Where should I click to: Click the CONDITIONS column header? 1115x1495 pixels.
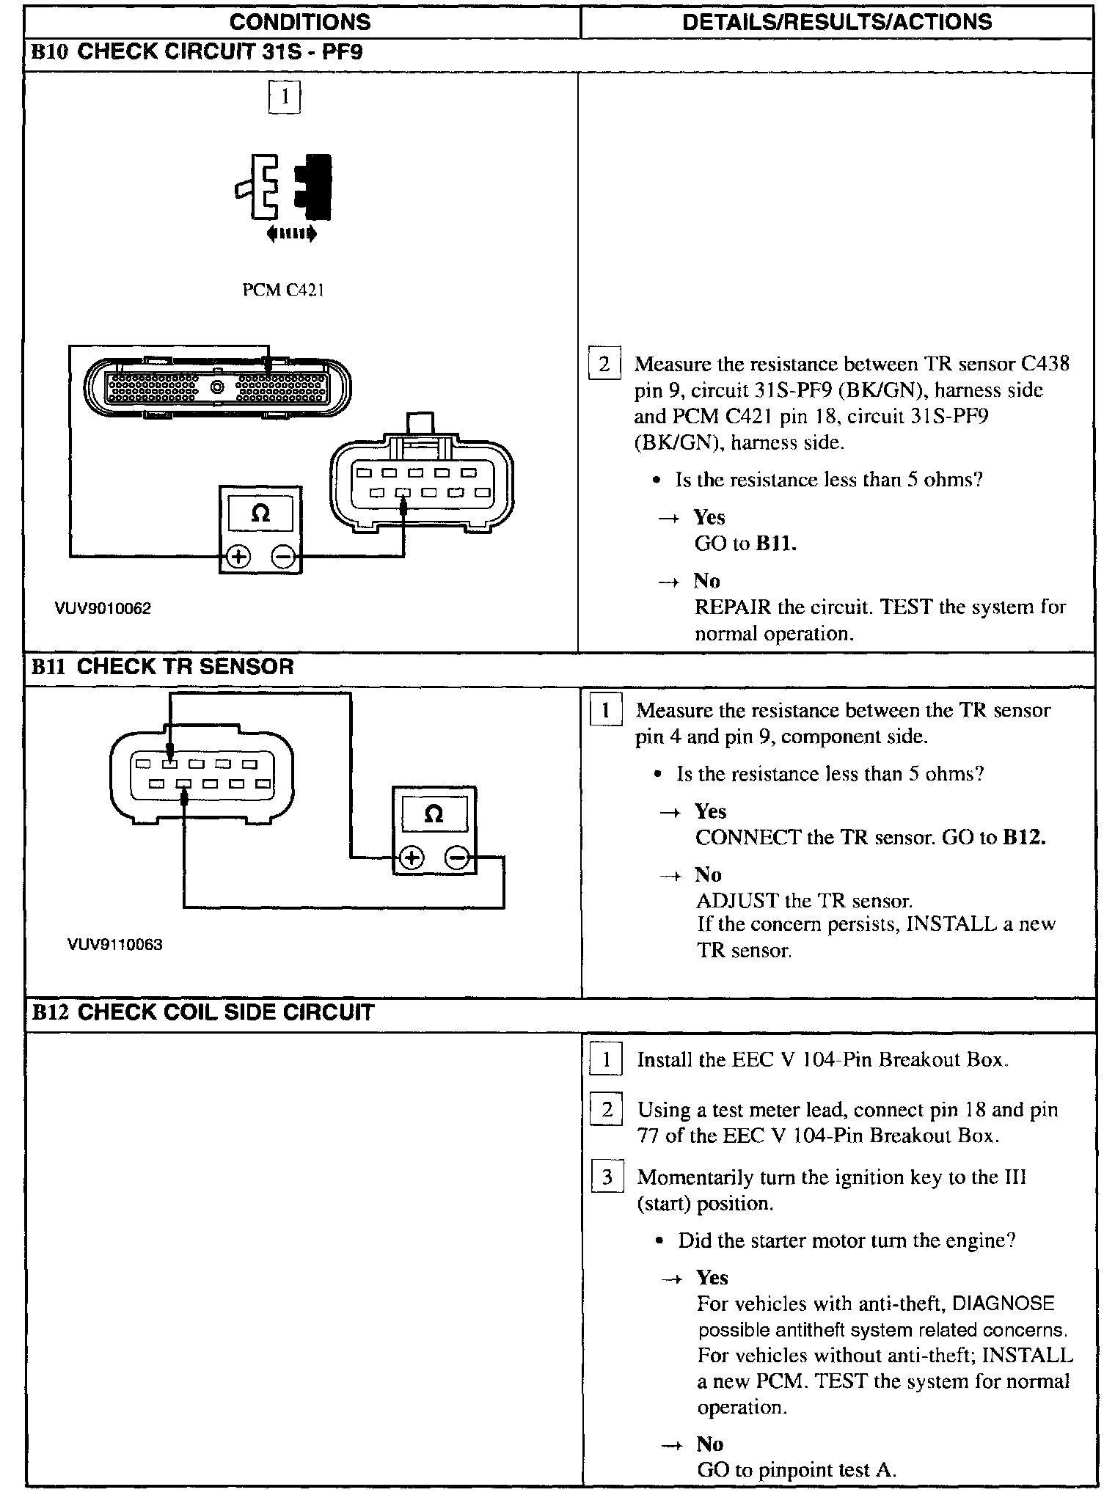[x=300, y=21]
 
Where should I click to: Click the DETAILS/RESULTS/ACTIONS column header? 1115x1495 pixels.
[x=836, y=21]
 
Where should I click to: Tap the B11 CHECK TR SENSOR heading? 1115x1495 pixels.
[x=163, y=666]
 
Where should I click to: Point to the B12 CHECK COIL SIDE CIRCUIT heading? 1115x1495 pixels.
[x=202, y=1012]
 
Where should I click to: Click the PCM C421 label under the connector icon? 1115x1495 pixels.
[x=283, y=290]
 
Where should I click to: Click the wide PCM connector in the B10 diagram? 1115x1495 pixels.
[x=217, y=386]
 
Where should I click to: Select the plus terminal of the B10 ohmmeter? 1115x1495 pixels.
[x=238, y=557]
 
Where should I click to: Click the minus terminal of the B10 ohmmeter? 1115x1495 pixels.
[x=282, y=557]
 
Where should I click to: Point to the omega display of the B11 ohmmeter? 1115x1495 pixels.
[x=434, y=814]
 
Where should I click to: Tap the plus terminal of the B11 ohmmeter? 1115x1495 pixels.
[x=412, y=857]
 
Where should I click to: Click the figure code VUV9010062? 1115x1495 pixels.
[x=103, y=608]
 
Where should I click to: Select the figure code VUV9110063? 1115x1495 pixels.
[x=114, y=944]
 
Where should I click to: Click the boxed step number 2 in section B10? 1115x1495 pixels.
[x=604, y=364]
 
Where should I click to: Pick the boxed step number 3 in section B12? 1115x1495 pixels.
[x=607, y=1177]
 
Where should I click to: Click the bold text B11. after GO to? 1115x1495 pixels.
[x=776, y=544]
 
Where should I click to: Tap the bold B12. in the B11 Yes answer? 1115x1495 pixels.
[x=1024, y=837]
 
